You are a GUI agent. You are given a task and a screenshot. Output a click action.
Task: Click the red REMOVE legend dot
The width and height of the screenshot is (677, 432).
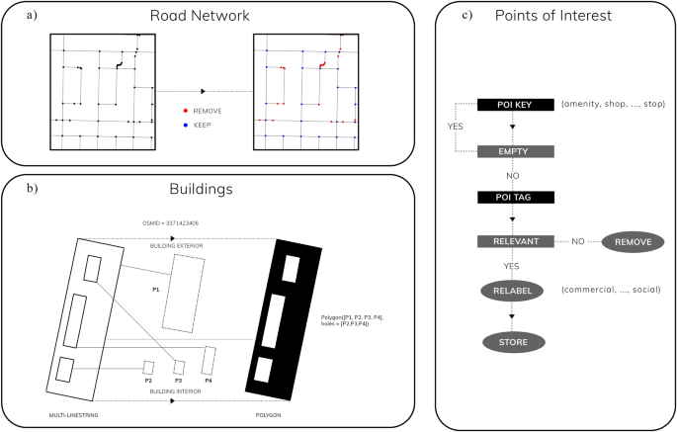pyautogui.click(x=185, y=112)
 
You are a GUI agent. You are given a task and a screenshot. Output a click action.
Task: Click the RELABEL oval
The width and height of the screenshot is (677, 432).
pyautogui.click(x=513, y=291)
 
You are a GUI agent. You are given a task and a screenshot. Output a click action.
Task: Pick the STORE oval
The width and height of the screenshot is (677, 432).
pyautogui.click(x=513, y=342)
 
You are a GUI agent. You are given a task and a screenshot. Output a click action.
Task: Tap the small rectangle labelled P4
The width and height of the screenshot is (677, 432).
pyautogui.click(x=209, y=357)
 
